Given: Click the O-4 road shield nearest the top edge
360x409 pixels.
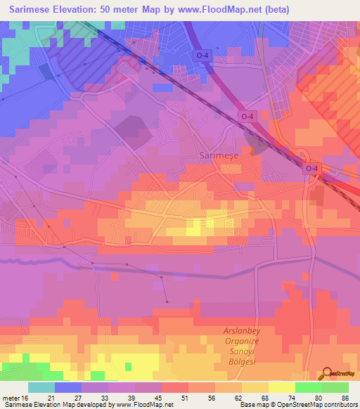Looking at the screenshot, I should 202,55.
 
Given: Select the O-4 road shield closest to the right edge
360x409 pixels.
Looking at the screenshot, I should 312,169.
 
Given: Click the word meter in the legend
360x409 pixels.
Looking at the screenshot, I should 9,398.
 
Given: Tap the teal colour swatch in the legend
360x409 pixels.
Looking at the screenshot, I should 41,387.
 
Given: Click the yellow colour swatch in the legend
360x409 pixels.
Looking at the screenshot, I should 281,387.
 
